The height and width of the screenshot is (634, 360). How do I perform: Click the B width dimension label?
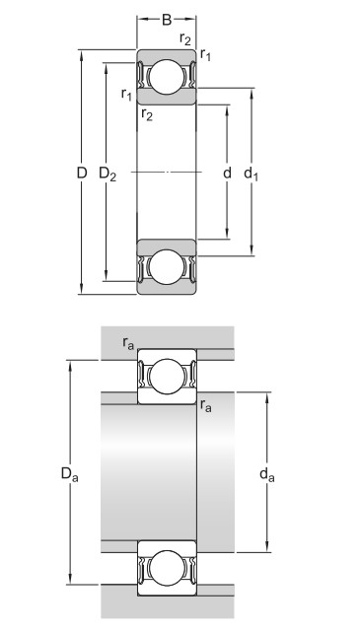point(167,20)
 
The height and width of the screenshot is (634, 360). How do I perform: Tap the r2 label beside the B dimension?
point(185,38)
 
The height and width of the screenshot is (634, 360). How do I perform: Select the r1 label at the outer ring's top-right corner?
point(205,54)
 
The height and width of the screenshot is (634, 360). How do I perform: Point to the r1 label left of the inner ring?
point(126,95)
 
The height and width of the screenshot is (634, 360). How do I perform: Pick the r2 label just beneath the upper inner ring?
point(147,115)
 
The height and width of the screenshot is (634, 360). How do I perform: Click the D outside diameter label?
point(82,174)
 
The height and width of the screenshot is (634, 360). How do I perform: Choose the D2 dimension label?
point(108,174)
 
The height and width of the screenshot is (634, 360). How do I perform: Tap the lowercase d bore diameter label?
point(227,173)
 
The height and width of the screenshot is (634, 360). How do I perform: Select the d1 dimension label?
point(251,174)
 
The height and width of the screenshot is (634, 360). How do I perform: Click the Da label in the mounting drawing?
point(70,474)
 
